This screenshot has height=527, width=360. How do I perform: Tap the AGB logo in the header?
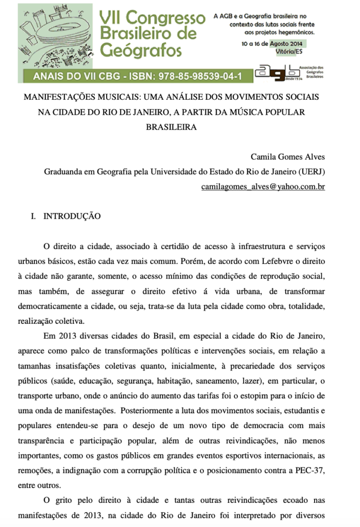(x=281, y=73)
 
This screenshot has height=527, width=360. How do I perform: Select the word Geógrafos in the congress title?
(x=141, y=50)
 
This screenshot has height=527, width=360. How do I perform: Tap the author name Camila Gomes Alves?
(x=287, y=156)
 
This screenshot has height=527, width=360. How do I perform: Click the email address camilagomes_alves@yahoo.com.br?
(x=263, y=186)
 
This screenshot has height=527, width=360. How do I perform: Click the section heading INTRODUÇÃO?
(x=72, y=216)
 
